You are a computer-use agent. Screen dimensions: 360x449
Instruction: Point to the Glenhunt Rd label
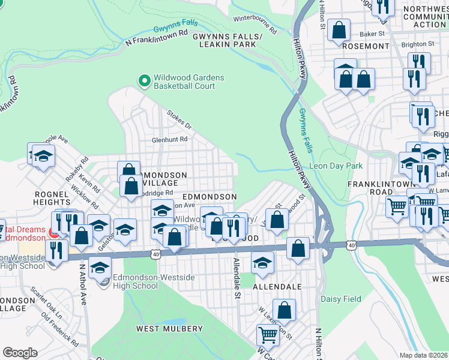(x=170, y=139)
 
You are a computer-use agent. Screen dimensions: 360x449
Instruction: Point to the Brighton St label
(x=418, y=44)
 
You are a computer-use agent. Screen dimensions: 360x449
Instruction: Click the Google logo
(x=20, y=353)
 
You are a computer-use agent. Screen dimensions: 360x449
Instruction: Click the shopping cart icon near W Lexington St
(x=267, y=335)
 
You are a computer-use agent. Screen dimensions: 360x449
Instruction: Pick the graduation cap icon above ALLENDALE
(x=262, y=263)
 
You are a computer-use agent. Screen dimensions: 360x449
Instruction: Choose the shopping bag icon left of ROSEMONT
(x=339, y=31)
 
